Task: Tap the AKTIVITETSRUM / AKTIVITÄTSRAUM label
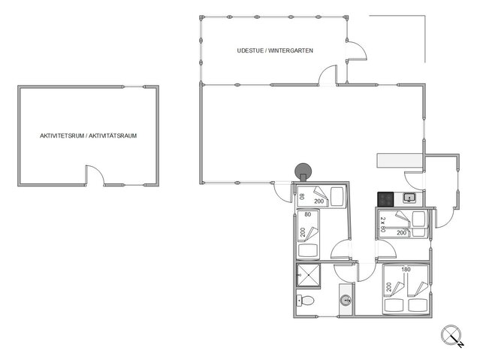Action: point(88,136)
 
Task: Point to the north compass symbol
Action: point(451,335)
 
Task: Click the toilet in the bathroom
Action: point(305,301)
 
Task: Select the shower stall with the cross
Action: point(308,275)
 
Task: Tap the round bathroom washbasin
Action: point(345,301)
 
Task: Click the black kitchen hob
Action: point(385,199)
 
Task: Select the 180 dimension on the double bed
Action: point(406,269)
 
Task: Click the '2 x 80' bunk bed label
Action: point(382,224)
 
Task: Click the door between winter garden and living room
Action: point(327,76)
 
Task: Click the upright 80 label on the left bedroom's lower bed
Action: point(307,215)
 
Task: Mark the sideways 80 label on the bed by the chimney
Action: point(300,198)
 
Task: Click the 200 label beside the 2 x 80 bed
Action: point(402,233)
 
